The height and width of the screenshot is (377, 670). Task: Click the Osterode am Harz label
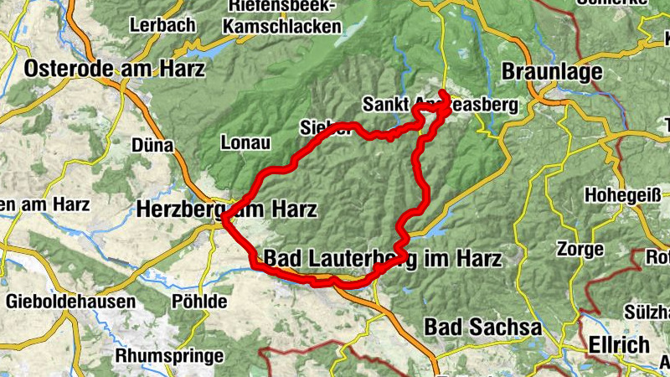(114, 70)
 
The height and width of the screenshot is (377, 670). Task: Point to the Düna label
(152, 146)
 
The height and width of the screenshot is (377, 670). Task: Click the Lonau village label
(246, 142)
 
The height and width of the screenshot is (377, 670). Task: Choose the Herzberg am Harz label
(226, 209)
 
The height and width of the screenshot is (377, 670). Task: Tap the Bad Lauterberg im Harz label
(382, 259)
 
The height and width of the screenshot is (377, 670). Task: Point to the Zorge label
(579, 250)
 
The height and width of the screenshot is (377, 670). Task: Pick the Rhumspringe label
(170, 355)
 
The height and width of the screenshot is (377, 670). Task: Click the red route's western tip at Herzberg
(224, 221)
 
